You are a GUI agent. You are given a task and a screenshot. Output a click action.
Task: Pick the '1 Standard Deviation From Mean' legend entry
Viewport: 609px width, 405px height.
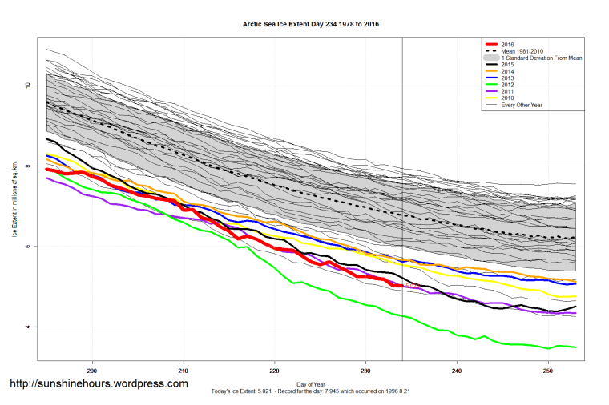[529, 58]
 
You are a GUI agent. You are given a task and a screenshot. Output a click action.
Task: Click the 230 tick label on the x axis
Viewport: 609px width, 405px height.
[365, 371]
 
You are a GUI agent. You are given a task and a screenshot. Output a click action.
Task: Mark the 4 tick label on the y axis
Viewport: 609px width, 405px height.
[28, 327]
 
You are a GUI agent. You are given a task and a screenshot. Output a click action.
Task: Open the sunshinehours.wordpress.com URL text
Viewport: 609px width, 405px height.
[99, 384]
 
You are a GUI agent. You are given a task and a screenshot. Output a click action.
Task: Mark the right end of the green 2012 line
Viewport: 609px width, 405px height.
[576, 347]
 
